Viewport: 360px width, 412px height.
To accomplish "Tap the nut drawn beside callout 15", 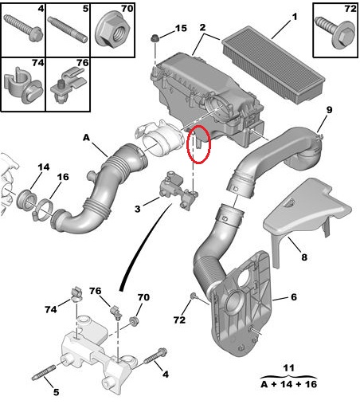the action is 155,38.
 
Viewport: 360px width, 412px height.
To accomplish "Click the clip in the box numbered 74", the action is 23,86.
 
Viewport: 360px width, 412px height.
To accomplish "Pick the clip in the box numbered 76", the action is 68,84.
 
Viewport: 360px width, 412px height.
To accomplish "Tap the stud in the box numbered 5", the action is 68,29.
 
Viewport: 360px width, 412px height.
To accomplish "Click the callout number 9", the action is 329,109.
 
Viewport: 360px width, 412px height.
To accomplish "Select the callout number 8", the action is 304,257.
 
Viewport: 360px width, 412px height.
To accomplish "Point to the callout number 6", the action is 294,296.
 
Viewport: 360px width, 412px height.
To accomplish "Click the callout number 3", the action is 137,209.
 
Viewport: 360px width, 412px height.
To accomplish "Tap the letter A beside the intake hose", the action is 86,138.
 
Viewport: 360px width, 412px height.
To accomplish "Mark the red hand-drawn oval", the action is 198,143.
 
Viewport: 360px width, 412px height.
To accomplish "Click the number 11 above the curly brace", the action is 288,368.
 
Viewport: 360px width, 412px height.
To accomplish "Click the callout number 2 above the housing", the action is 202,27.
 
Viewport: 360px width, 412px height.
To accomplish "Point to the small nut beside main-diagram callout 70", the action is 134,321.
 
